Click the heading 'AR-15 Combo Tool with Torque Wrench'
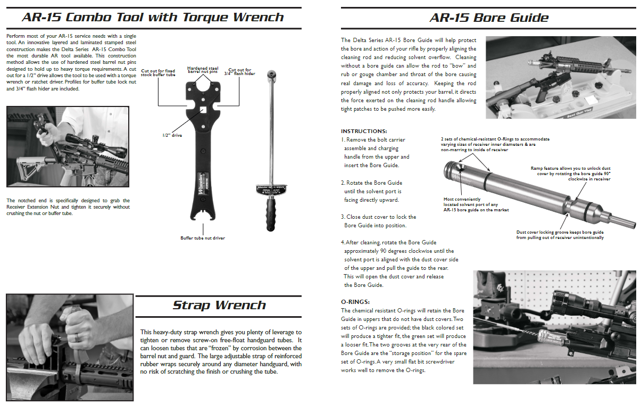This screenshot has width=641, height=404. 153,17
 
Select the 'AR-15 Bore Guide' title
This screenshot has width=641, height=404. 489,18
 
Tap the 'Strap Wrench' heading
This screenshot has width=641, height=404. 219,305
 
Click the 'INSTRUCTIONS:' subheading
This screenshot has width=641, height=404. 364,131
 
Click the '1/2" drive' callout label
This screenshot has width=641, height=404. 172,135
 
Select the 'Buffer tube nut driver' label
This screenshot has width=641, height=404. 202,238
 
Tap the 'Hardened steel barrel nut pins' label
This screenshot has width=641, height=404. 203,70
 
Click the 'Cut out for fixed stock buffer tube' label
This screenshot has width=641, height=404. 158,72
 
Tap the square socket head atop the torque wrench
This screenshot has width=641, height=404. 271,75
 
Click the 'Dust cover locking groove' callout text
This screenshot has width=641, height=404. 560,235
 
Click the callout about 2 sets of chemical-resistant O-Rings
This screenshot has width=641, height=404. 495,144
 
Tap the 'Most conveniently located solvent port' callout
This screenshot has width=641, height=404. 476,204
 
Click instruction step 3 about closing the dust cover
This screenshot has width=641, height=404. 378,221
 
